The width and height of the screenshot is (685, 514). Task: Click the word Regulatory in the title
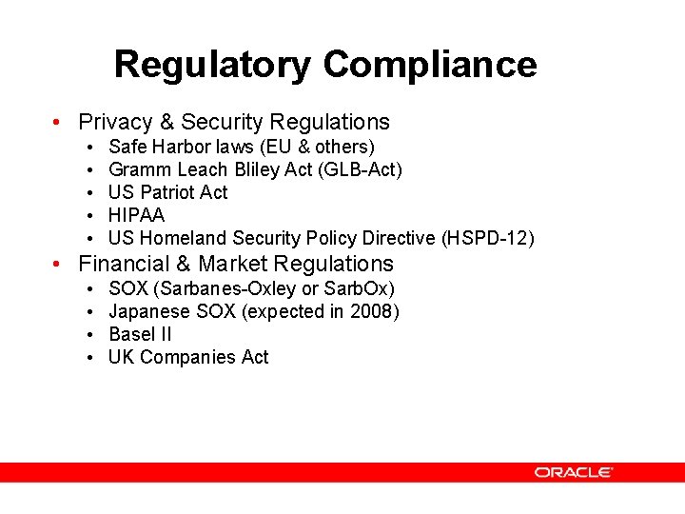click(212, 65)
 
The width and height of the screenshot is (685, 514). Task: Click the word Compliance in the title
click(429, 65)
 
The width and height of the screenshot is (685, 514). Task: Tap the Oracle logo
click(573, 472)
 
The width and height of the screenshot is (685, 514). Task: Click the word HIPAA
click(137, 215)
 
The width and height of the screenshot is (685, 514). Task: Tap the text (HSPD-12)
click(486, 238)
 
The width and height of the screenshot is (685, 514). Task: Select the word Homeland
click(184, 238)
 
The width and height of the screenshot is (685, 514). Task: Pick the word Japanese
click(150, 311)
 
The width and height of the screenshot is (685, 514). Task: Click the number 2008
click(371, 311)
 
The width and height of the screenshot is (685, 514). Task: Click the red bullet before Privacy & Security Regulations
click(59, 123)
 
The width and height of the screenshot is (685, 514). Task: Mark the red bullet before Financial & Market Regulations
click(59, 265)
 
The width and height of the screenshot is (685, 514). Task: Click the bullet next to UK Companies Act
click(88, 358)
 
